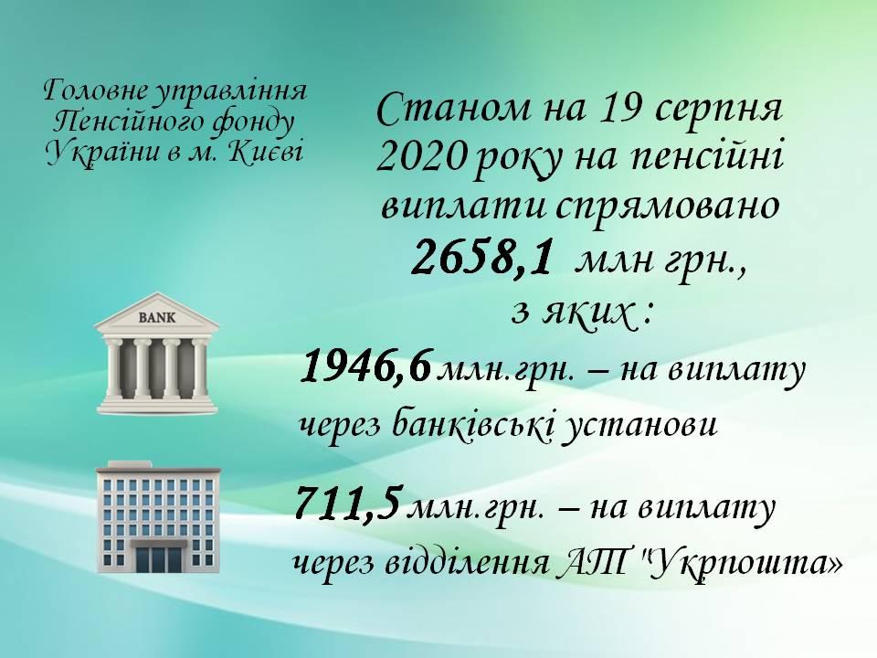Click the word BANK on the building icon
pos(156,318)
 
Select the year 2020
pos(420,157)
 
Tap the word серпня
pos(718,111)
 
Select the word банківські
pos(472,427)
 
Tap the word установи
pos(639,428)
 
